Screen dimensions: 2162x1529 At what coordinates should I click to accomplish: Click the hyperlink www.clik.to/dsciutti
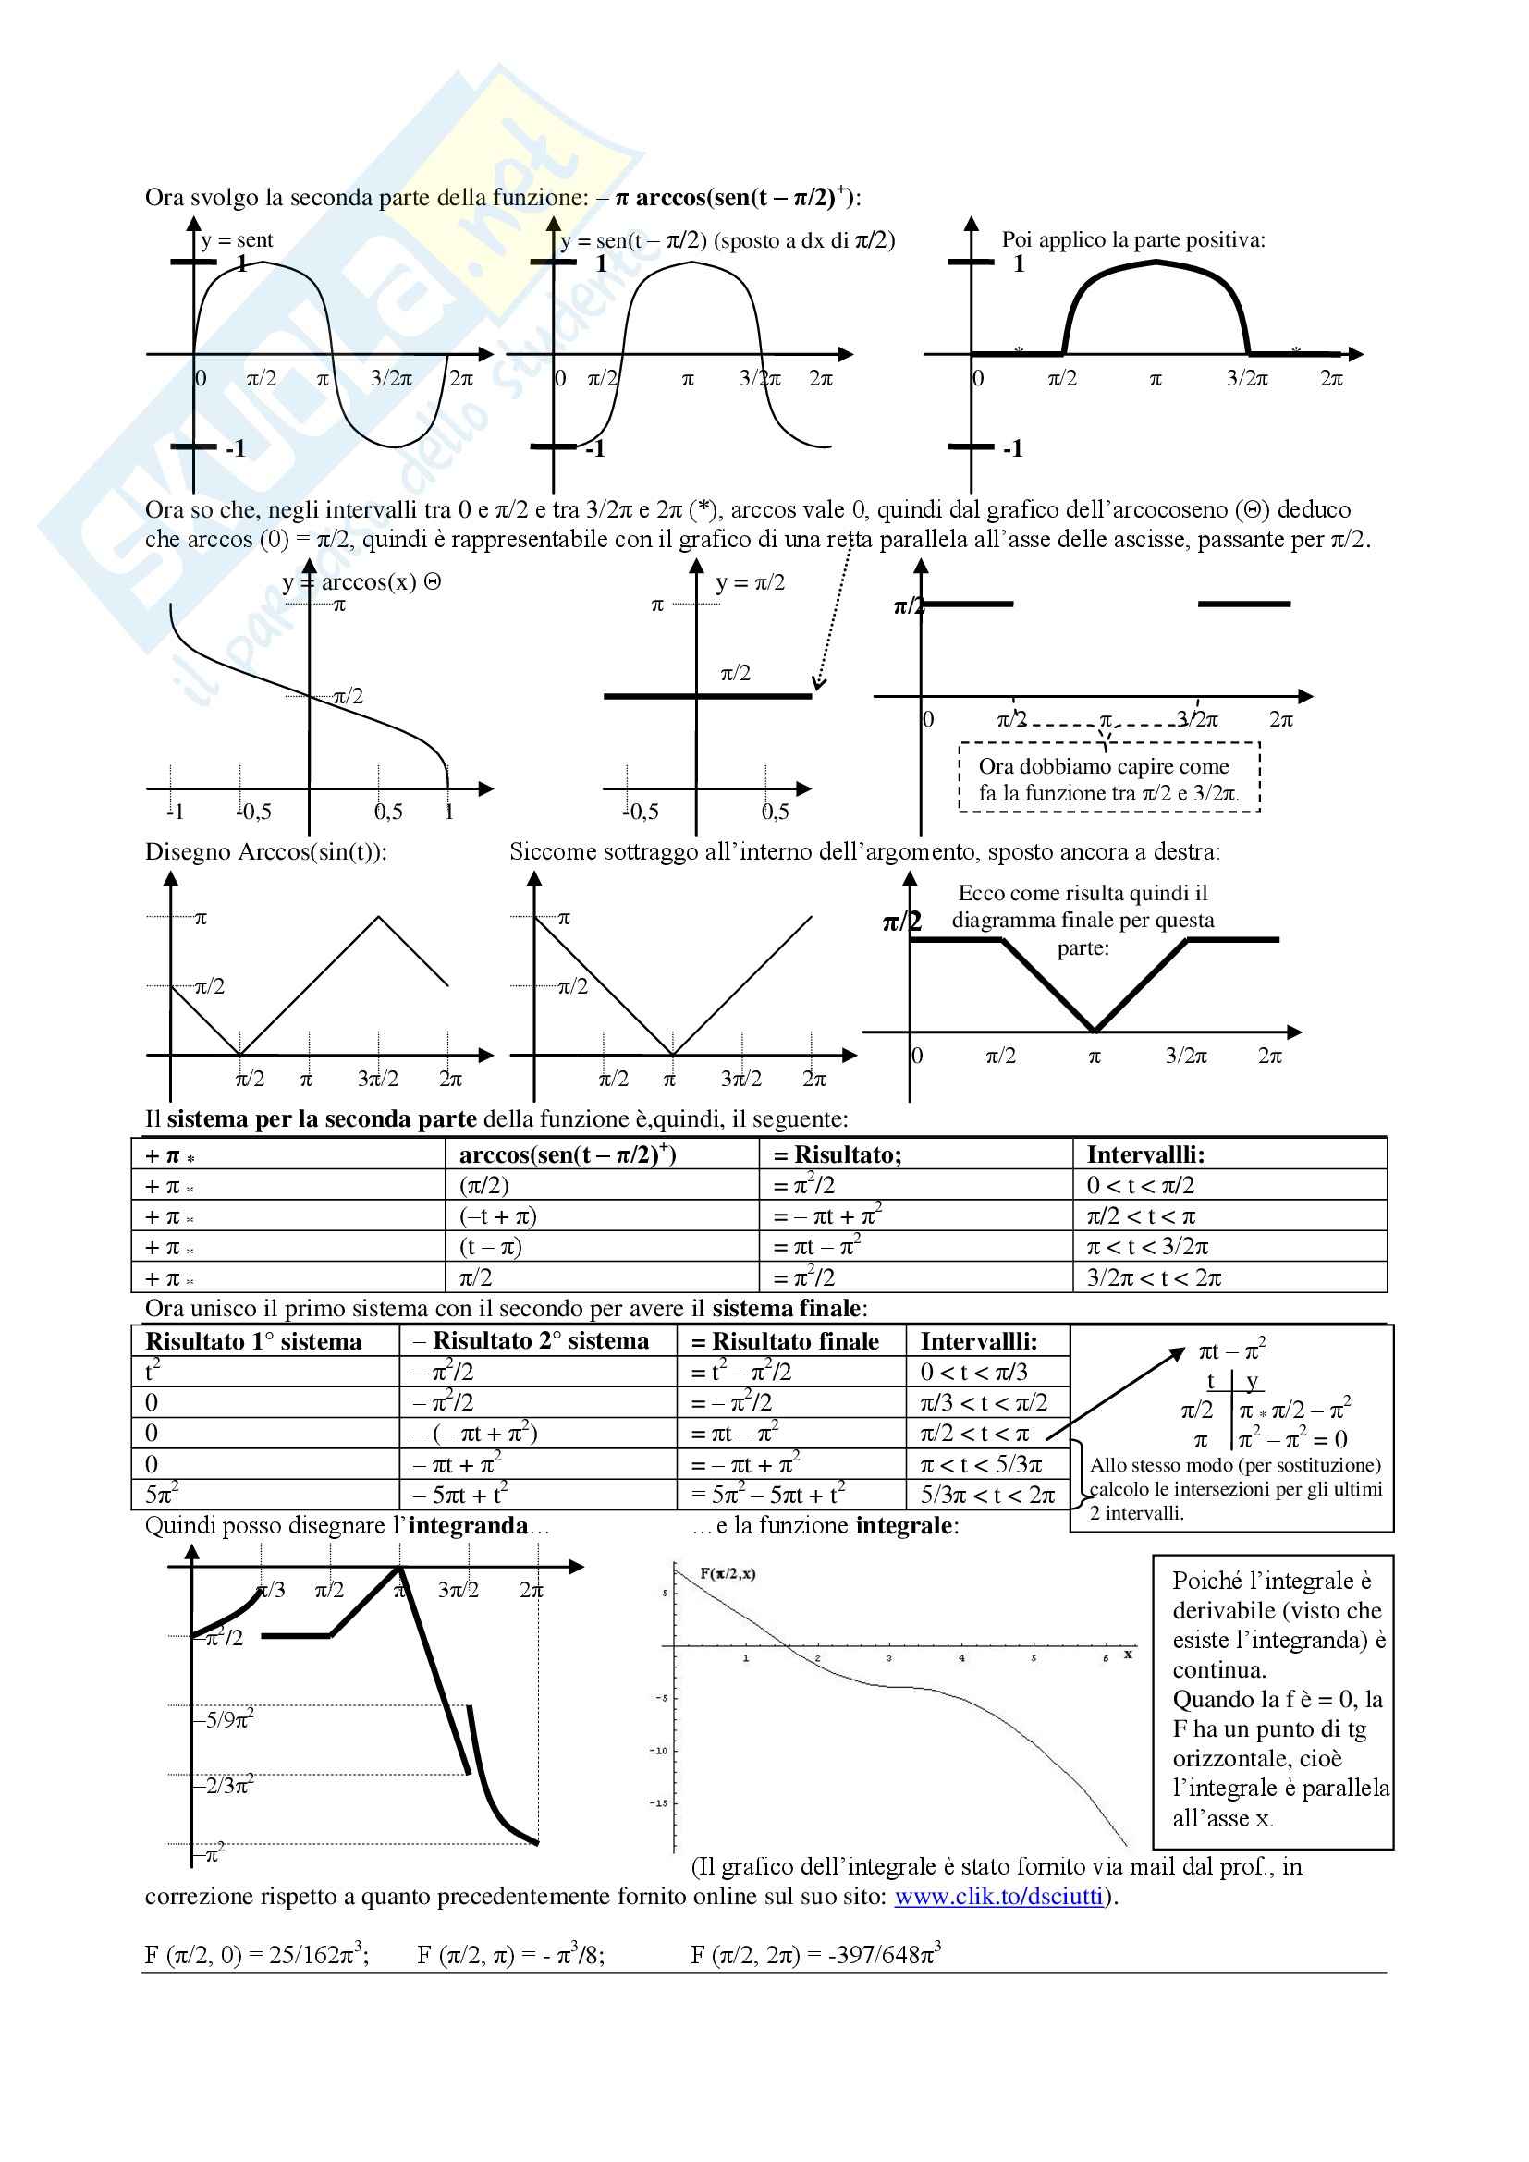pos(998,1896)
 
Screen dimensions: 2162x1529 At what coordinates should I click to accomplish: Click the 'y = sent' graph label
pos(238,240)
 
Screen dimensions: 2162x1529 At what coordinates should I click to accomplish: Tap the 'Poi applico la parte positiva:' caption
pos(1132,239)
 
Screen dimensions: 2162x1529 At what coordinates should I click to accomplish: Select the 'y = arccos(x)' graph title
pos(361,582)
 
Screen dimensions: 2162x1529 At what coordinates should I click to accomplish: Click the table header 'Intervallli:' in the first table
pos(1145,1154)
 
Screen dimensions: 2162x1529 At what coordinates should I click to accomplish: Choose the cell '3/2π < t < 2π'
pos(1154,1277)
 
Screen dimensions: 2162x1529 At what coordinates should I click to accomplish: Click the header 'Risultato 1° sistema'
pos(253,1341)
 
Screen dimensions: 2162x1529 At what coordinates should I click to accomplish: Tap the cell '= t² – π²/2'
pos(741,1372)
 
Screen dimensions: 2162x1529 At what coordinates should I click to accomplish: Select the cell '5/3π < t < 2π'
pos(987,1495)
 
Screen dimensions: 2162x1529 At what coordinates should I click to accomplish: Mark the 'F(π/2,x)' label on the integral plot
pos(727,1573)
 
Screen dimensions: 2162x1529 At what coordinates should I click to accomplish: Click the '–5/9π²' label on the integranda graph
pos(224,1720)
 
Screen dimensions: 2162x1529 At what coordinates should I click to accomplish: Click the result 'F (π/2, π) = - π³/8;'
pos(510,1955)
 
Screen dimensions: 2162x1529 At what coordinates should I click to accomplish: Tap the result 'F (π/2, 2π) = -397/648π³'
pos(815,1954)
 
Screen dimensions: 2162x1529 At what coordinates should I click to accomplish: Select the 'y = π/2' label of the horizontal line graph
pos(751,583)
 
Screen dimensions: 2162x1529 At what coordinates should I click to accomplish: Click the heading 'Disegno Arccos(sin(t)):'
pos(265,851)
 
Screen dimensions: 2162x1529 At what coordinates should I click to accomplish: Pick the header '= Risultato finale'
pos(786,1341)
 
